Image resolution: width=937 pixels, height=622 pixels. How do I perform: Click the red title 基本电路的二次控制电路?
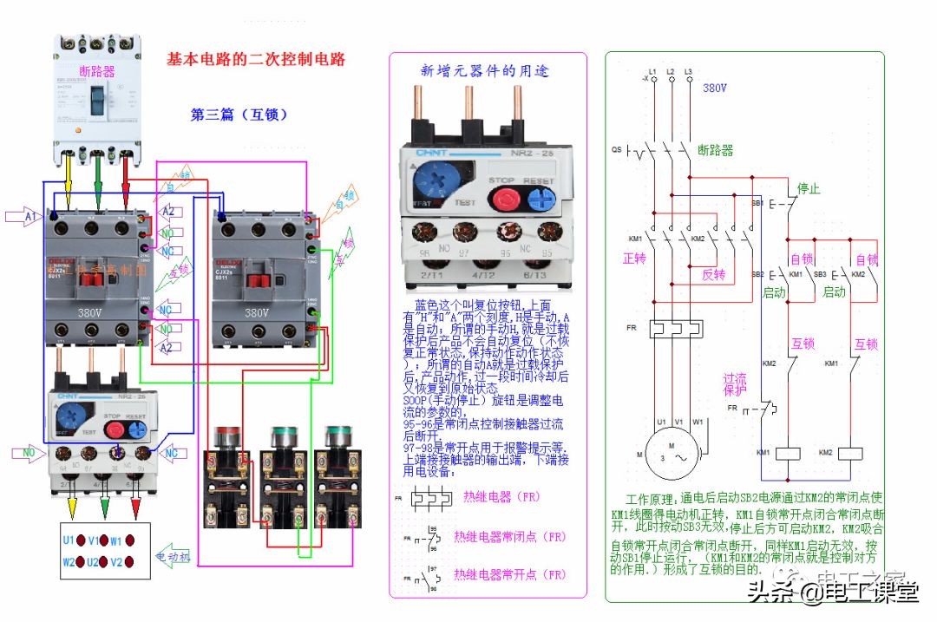(x=256, y=60)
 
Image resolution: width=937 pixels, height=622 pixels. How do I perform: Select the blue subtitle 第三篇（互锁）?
(x=239, y=115)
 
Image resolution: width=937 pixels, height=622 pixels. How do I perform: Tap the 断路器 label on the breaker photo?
(x=96, y=71)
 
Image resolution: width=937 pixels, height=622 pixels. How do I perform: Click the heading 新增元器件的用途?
(x=484, y=71)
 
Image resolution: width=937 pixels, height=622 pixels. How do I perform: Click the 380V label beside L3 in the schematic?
(x=714, y=88)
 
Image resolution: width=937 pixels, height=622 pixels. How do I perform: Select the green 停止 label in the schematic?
(x=809, y=188)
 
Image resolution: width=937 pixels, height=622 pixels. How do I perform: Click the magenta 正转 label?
(x=635, y=259)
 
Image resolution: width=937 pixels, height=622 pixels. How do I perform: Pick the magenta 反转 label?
(x=713, y=274)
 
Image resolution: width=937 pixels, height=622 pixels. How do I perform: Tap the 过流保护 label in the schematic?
(x=735, y=384)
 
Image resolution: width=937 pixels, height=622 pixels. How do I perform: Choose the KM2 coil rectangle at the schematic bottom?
(x=850, y=453)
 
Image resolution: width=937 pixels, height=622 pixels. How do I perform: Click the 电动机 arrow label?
(x=174, y=555)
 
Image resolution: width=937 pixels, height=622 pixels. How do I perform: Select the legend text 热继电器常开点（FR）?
(x=514, y=574)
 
